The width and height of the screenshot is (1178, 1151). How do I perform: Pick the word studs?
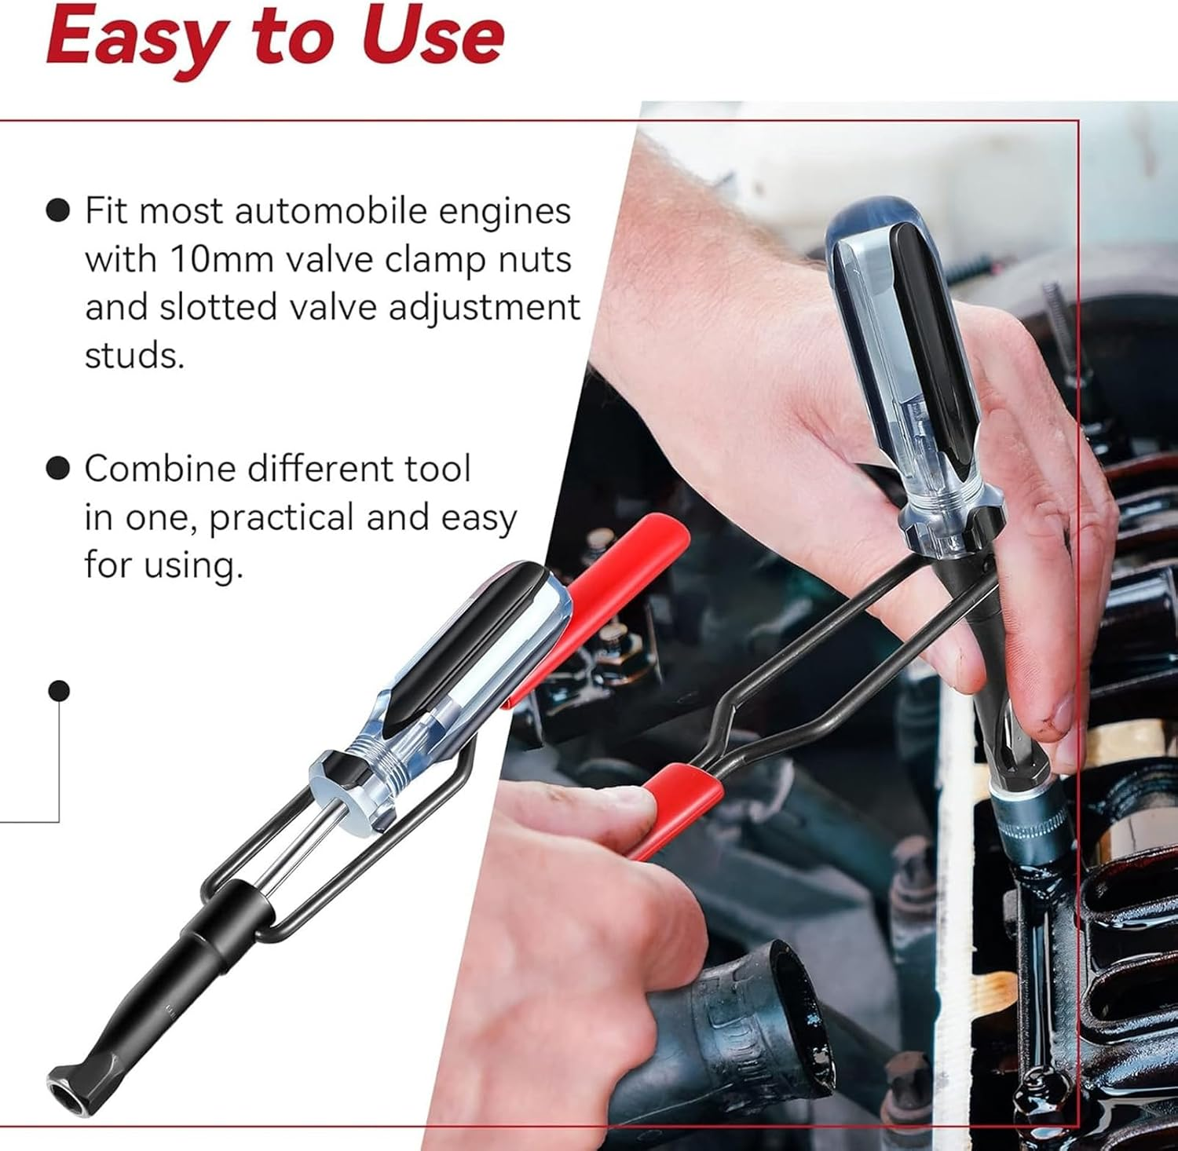[134, 355]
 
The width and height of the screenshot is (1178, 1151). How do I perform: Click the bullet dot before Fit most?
[58, 210]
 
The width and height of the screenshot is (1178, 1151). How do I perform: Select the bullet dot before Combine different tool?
[58, 469]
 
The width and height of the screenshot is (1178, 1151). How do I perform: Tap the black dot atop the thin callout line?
[59, 690]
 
